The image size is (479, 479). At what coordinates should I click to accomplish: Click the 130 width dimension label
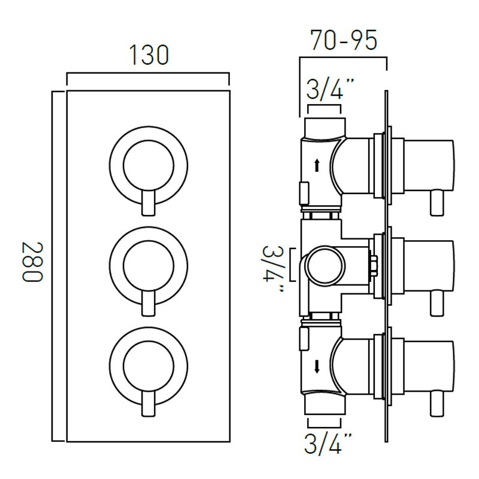pyautogui.click(x=148, y=55)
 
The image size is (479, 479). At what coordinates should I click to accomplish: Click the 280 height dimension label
pyautogui.click(x=33, y=262)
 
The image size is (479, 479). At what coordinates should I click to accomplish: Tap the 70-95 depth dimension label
pyautogui.click(x=344, y=40)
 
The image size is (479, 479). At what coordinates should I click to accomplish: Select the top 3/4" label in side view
pyautogui.click(x=330, y=89)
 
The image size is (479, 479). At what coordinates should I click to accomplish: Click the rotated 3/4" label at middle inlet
pyautogui.click(x=272, y=268)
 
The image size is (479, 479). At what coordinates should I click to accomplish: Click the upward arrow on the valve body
pyautogui.click(x=317, y=165)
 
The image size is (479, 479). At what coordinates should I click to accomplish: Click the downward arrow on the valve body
pyautogui.click(x=317, y=366)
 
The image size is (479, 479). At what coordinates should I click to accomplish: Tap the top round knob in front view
pyautogui.click(x=148, y=166)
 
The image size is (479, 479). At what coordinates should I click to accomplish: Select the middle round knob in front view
pyautogui.click(x=148, y=266)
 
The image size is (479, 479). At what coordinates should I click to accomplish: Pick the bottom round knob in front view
pyautogui.click(x=148, y=366)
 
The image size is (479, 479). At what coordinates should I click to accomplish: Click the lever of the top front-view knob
pyautogui.click(x=148, y=203)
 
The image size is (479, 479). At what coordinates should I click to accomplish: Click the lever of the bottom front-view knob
pyautogui.click(x=148, y=403)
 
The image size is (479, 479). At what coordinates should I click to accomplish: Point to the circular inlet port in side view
pyautogui.click(x=325, y=266)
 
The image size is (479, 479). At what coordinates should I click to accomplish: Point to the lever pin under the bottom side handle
pyautogui.click(x=437, y=403)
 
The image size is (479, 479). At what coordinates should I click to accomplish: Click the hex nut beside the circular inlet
pyautogui.click(x=373, y=266)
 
